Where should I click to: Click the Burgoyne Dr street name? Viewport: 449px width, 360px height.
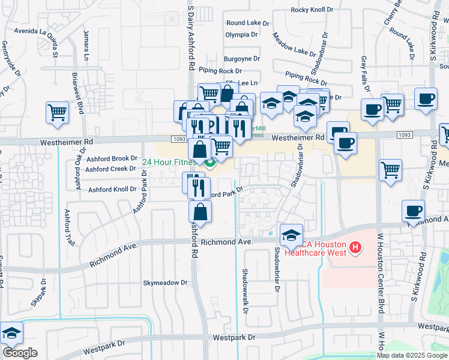[242, 59]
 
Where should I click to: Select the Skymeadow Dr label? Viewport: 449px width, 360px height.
[165, 282]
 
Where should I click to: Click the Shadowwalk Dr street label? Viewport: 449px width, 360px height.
[244, 290]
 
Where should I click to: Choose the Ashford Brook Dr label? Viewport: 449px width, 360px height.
[112, 158]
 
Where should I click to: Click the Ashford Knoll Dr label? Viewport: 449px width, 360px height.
[112, 190]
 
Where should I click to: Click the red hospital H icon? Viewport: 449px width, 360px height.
[355, 247]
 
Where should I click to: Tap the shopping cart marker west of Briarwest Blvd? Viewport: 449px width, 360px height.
[57, 112]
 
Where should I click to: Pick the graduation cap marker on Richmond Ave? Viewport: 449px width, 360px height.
[291, 235]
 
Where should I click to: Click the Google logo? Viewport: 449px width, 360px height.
[20, 353]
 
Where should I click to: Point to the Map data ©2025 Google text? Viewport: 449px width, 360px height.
[412, 355]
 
